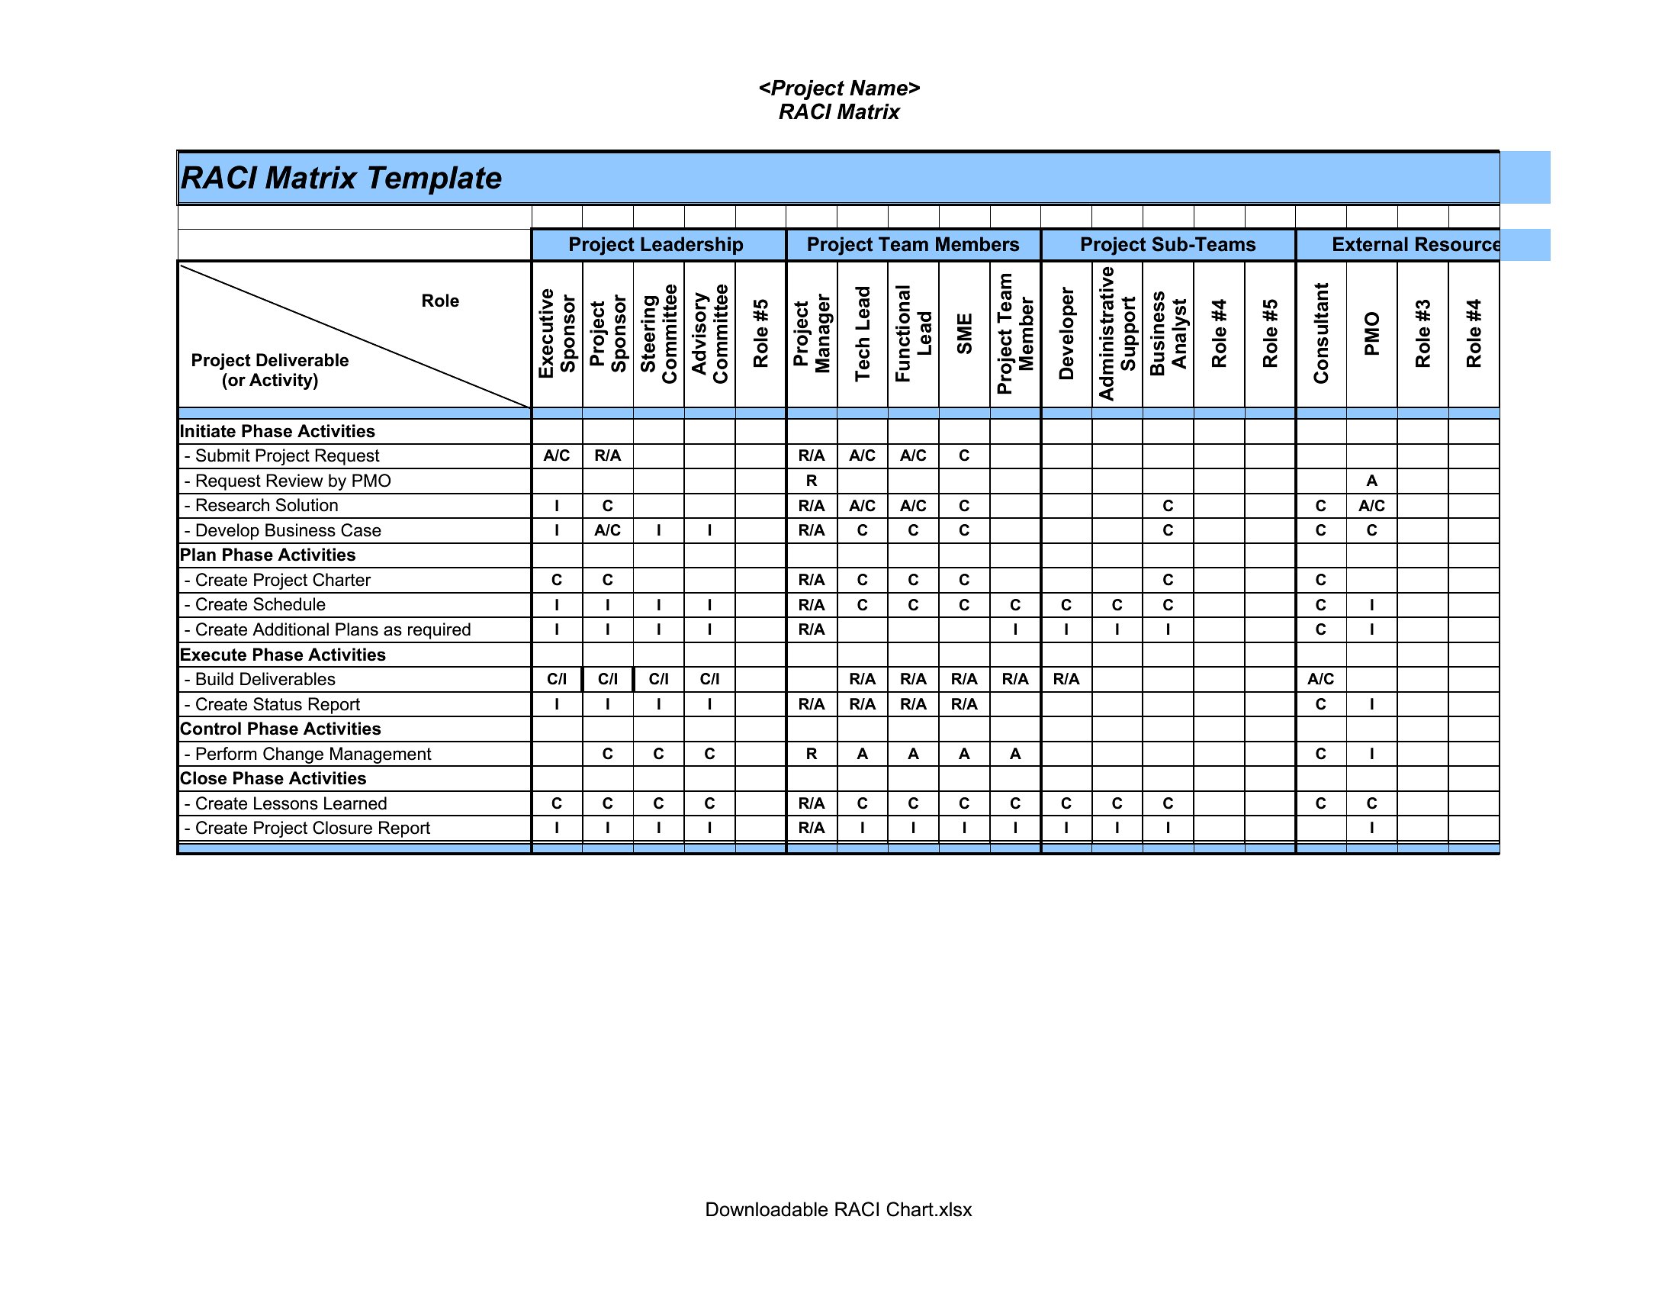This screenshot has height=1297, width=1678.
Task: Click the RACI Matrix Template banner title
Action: (x=340, y=179)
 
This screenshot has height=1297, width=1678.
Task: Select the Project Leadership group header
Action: (x=655, y=244)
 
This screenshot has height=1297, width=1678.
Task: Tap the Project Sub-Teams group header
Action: (x=1167, y=244)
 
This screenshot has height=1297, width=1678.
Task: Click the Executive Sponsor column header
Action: (x=557, y=333)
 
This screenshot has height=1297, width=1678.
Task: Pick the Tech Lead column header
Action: (x=862, y=333)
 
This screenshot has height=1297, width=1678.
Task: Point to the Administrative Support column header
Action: (x=1117, y=333)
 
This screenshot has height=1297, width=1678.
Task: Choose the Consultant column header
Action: (x=1320, y=333)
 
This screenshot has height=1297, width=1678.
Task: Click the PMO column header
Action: (x=1371, y=333)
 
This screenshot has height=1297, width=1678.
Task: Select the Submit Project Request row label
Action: (x=287, y=455)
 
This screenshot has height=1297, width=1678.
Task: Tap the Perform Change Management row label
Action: (x=313, y=754)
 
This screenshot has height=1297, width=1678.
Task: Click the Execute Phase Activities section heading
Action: (x=283, y=655)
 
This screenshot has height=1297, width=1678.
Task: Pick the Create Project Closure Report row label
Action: (x=312, y=828)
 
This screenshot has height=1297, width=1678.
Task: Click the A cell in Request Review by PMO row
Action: (x=1371, y=481)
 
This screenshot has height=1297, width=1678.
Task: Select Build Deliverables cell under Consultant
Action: (x=1320, y=679)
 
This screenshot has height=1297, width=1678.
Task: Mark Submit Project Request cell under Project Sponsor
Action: (x=607, y=455)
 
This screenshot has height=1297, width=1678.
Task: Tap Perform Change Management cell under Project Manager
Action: (x=812, y=754)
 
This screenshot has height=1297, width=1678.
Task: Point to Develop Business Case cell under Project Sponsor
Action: (x=607, y=530)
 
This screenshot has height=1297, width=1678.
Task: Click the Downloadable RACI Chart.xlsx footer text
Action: (x=838, y=1209)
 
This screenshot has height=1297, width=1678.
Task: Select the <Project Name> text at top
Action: (x=839, y=89)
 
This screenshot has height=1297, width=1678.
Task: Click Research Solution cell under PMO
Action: (x=1371, y=506)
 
